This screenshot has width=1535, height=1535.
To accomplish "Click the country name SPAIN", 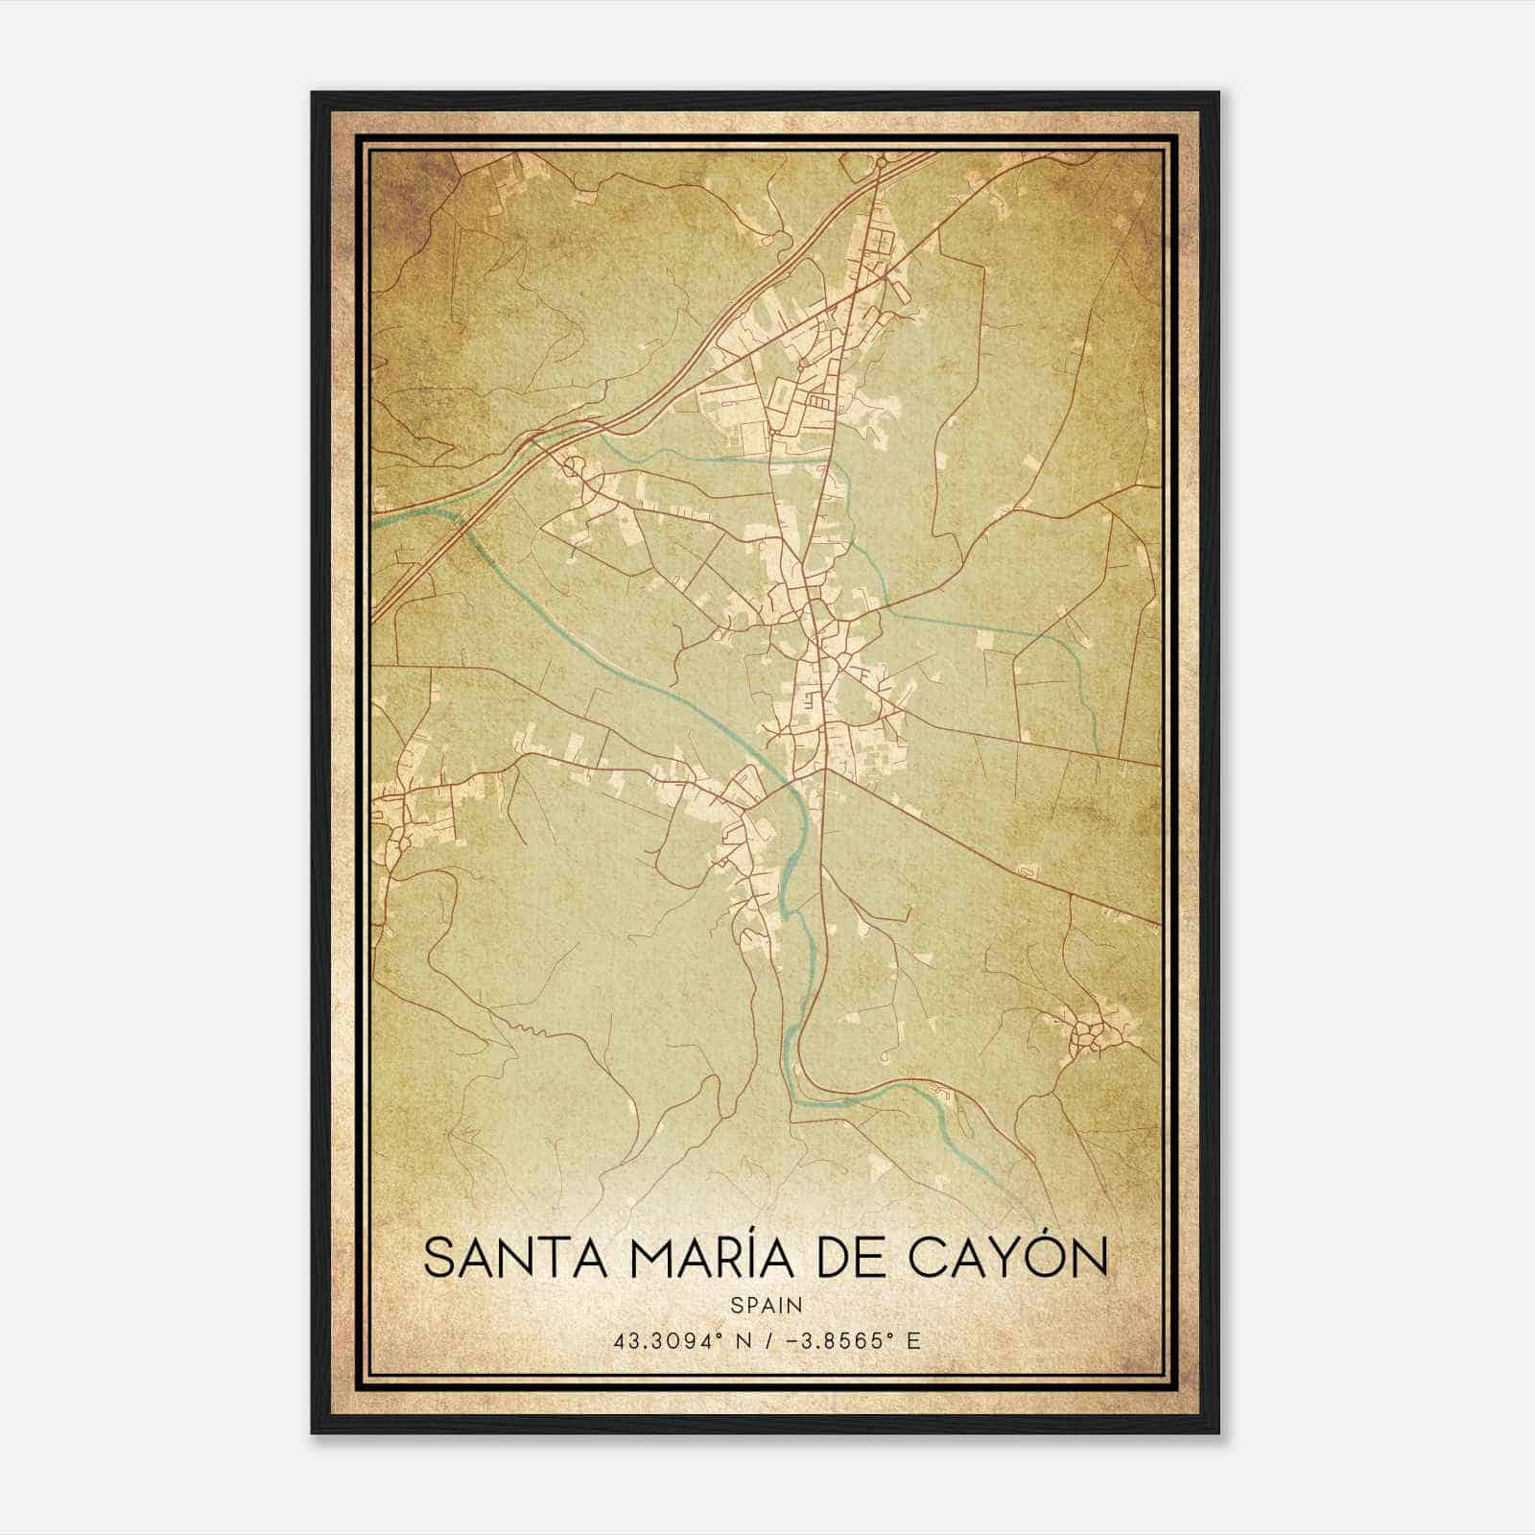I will pyautogui.click(x=766, y=1305).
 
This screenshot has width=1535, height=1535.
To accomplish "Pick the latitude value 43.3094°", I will pyautogui.click(x=668, y=1340).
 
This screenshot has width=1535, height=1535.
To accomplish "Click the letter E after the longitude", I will pyautogui.click(x=913, y=1340).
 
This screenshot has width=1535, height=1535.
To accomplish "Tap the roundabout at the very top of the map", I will pyautogui.click(x=880, y=164).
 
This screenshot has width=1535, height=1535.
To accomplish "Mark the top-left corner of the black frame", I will pyautogui.click(x=313, y=93).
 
